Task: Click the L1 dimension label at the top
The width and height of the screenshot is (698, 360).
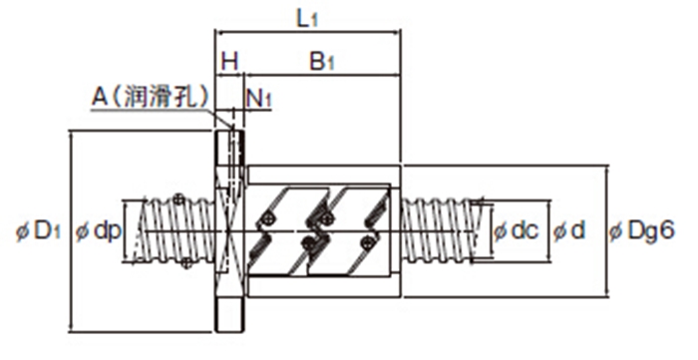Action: point(307,20)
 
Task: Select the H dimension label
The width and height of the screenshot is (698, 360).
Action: point(229,62)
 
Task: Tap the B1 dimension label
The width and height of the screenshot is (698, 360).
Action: point(321,62)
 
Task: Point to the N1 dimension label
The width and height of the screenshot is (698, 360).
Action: point(258,98)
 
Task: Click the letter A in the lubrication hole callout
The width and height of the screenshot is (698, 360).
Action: point(100,97)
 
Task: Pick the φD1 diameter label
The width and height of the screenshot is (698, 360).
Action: point(38,231)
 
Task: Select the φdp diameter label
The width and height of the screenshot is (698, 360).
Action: point(98,231)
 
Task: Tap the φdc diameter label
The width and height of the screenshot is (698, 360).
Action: point(517,230)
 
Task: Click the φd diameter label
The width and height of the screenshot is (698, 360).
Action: point(569,230)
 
